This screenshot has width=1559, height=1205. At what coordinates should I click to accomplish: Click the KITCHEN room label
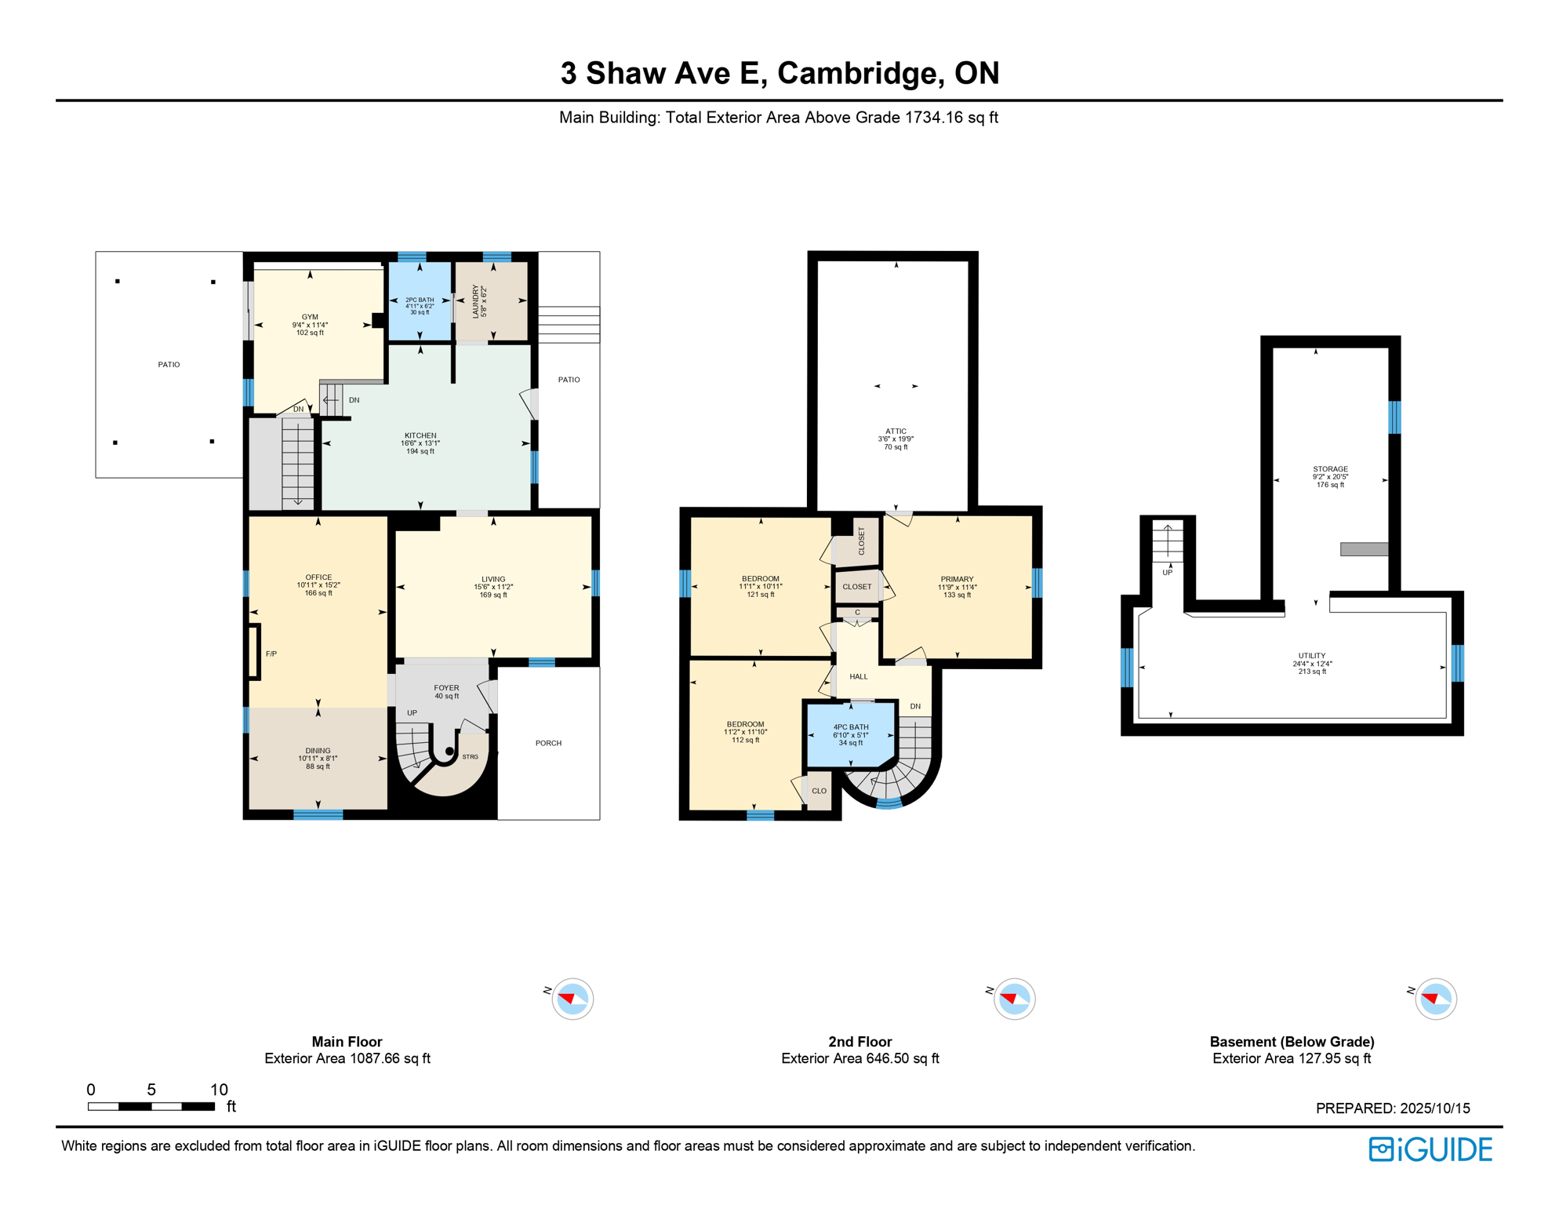(420, 435)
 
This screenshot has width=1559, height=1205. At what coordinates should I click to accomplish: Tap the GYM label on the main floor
(310, 318)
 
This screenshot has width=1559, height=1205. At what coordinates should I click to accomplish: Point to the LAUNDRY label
(475, 301)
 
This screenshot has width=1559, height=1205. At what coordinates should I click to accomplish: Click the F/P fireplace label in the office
(271, 653)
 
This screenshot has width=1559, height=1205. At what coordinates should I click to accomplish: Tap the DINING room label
(318, 751)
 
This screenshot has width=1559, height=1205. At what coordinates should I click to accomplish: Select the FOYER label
(446, 688)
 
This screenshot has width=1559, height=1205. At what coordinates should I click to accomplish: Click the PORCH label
(548, 743)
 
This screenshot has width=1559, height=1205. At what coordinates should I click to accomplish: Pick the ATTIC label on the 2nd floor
(896, 431)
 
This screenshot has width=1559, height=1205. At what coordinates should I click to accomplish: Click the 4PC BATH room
(850, 734)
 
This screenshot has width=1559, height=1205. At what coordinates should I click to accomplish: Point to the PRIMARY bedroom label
(957, 579)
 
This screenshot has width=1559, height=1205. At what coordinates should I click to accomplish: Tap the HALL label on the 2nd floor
(859, 676)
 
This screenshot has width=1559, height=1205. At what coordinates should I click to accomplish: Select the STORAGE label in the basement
(1330, 469)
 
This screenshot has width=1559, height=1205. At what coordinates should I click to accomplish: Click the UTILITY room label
(1311, 656)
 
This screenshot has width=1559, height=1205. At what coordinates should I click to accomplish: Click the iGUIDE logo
(1430, 1149)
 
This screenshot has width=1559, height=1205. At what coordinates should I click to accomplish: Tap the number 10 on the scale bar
(219, 1090)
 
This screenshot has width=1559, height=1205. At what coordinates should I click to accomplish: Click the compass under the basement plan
(1435, 999)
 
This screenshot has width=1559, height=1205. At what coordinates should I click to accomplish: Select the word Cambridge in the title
(860, 73)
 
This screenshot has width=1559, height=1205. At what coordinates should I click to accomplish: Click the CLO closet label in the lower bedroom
(819, 791)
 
